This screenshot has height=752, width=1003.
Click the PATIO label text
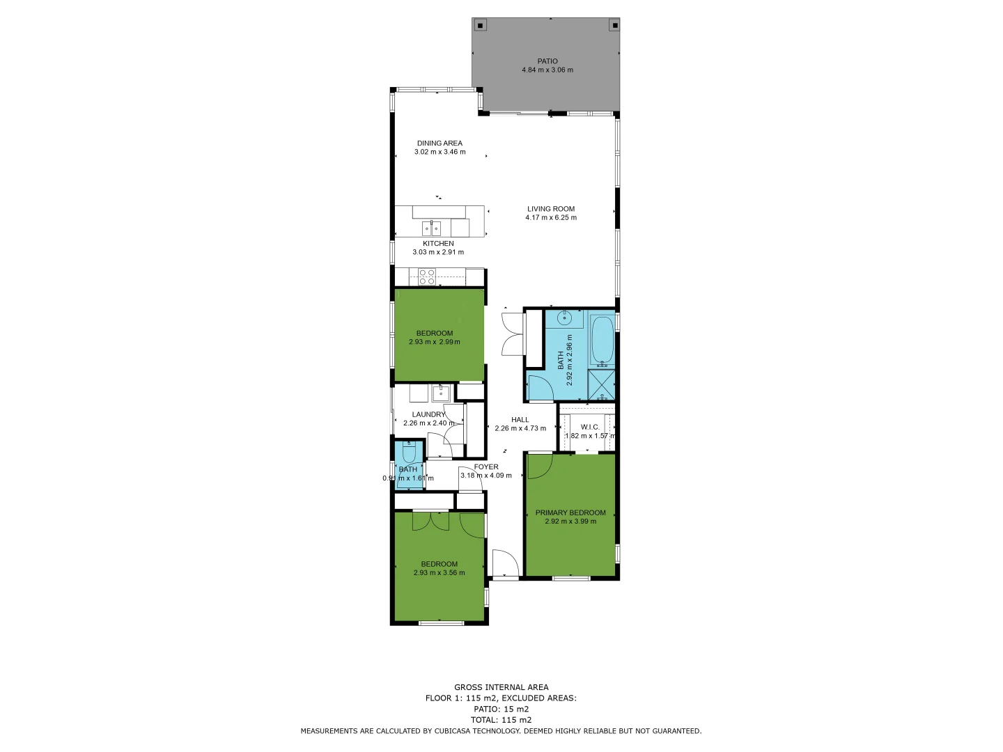tap(547, 61)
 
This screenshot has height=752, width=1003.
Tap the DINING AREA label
tap(440, 143)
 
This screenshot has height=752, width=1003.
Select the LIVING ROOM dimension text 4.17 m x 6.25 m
tap(550, 218)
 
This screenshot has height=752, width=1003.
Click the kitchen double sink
tap(431, 228)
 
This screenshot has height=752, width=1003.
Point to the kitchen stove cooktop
tap(427, 277)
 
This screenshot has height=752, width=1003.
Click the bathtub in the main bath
tap(602, 340)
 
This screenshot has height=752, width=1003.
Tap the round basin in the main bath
tap(566, 319)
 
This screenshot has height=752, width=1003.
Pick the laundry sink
tap(440, 393)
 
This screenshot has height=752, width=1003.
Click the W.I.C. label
tap(589, 427)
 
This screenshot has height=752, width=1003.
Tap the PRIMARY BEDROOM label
tap(570, 513)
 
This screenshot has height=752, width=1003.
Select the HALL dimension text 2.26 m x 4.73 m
tap(520, 429)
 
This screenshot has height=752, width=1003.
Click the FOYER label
tap(486, 467)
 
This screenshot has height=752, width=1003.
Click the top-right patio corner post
tap(614, 26)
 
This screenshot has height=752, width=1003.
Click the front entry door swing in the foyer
tap(504, 563)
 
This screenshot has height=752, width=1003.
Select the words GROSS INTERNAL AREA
tap(501, 687)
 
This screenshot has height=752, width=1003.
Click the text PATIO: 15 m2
tap(501, 709)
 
